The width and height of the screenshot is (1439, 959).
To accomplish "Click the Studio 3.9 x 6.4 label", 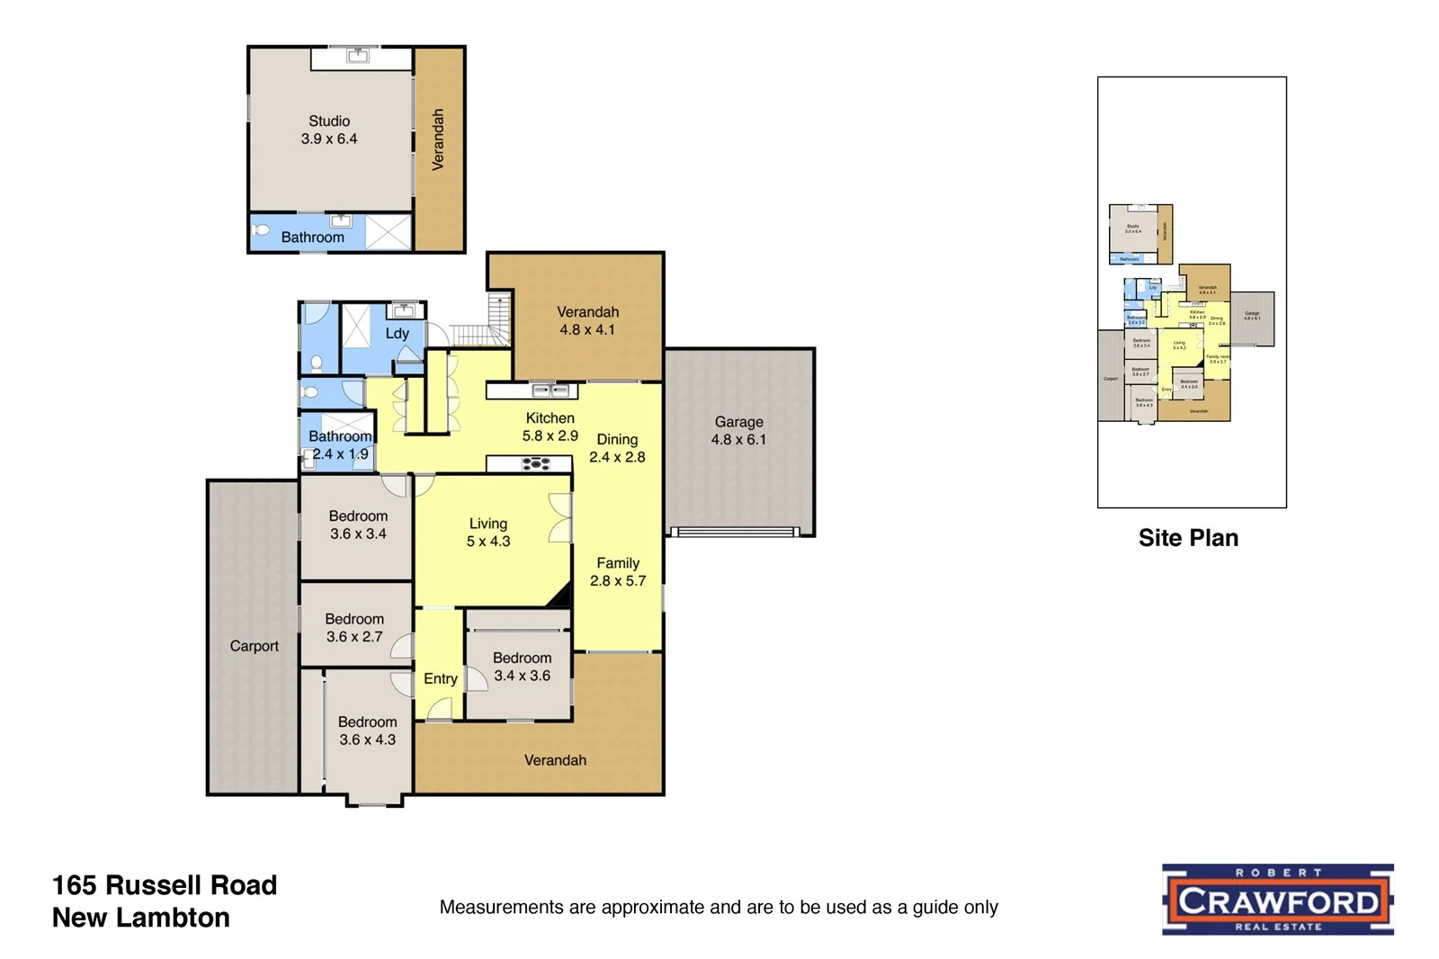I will click(x=329, y=130).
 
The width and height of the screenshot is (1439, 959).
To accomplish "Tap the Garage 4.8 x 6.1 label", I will click(x=738, y=431).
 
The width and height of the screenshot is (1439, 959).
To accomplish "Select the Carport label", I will click(x=254, y=646).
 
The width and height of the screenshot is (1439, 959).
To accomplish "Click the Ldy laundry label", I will click(x=397, y=334).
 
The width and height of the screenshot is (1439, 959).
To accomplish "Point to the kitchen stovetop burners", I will click(x=536, y=464).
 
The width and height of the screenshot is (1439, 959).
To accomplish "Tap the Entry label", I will click(x=441, y=679).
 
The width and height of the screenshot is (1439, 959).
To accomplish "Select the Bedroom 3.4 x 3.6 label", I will click(x=522, y=667).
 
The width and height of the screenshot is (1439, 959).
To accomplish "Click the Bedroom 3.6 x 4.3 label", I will click(x=367, y=730).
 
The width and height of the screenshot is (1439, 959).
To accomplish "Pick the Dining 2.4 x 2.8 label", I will click(x=617, y=448).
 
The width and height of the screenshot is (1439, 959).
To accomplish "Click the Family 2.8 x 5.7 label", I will click(x=618, y=572).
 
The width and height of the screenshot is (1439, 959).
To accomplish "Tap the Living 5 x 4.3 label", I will click(x=488, y=533).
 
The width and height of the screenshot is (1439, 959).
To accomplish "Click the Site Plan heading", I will click(x=1188, y=538).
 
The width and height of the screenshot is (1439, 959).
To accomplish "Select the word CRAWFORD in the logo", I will click(x=1278, y=901).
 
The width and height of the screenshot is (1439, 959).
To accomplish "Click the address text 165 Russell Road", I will click(x=165, y=885).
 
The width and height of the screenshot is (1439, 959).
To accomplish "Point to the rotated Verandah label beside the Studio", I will click(x=438, y=139).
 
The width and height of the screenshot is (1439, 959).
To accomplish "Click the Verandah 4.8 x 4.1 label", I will click(x=588, y=321).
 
